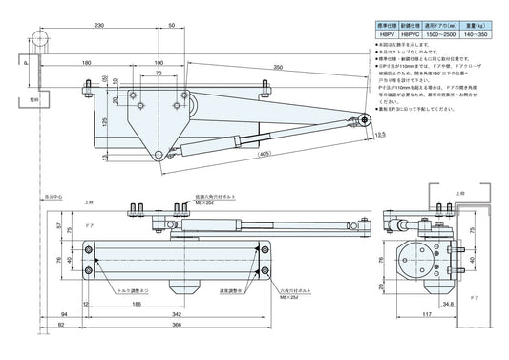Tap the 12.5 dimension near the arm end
[379, 136]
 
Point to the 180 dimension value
[87, 63]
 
